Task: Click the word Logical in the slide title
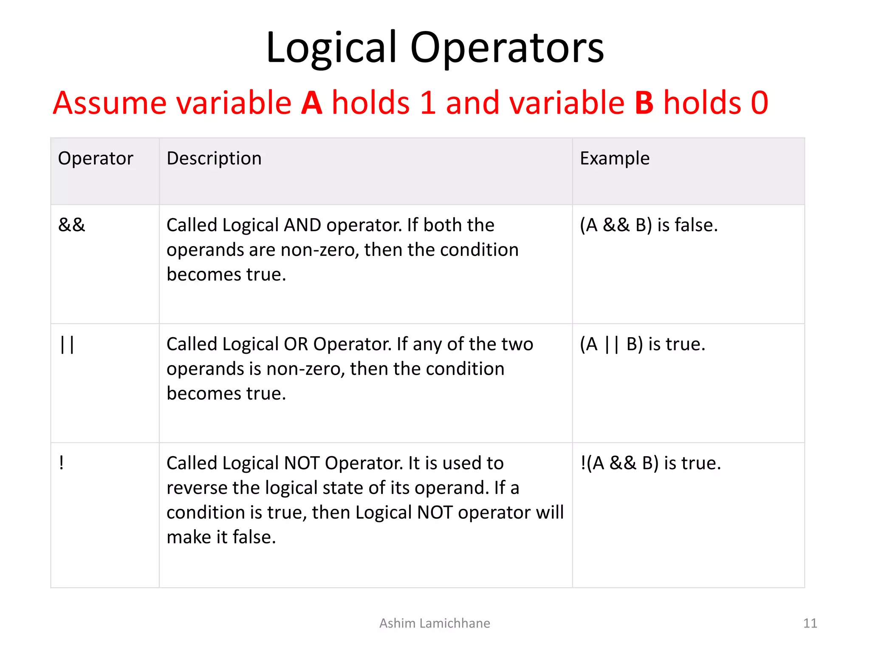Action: click(x=331, y=48)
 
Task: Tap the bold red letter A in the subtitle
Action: click(x=311, y=103)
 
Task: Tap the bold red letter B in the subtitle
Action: click(x=644, y=103)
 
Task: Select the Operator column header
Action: click(x=96, y=158)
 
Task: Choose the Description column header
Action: click(x=214, y=158)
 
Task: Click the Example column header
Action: click(x=615, y=158)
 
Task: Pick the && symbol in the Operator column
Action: click(x=72, y=225)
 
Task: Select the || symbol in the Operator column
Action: click(x=67, y=344)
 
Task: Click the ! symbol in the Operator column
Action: click(x=62, y=463)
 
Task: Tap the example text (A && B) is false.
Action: click(x=649, y=225)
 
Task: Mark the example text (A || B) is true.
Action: click(x=642, y=344)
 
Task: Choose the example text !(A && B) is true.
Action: click(x=650, y=463)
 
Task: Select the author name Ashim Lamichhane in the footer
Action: click(x=435, y=623)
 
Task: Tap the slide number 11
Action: click(x=810, y=623)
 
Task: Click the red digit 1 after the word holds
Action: click(x=428, y=103)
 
